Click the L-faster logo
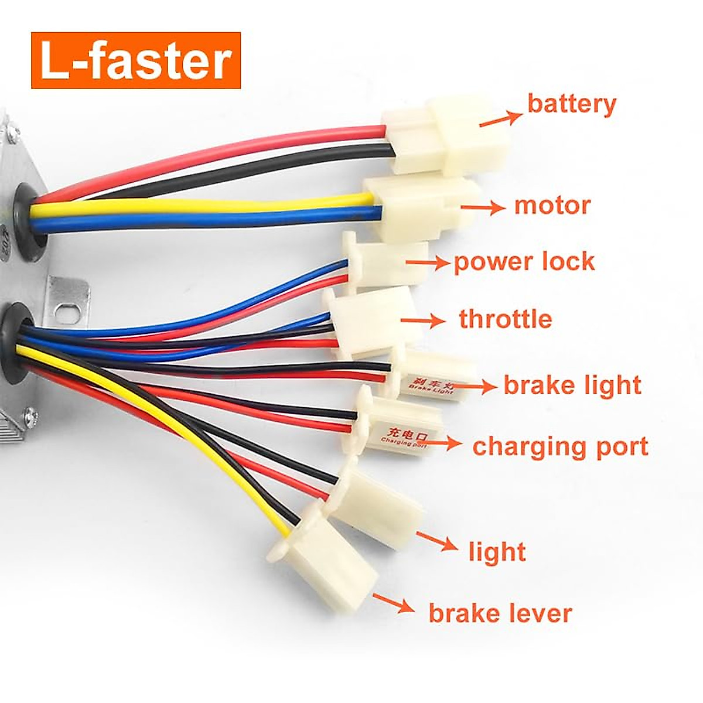pyautogui.click(x=136, y=60)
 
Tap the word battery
pyautogui.click(x=572, y=104)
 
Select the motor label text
pyautogui.click(x=552, y=206)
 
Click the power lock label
pyautogui.click(x=524, y=261)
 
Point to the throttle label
pyautogui.click(x=505, y=319)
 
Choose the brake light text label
pyautogui.click(x=572, y=385)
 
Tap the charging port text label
pyautogui.click(x=560, y=446)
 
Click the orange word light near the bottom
pyautogui.click(x=497, y=552)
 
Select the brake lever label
pyautogui.click(x=500, y=613)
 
